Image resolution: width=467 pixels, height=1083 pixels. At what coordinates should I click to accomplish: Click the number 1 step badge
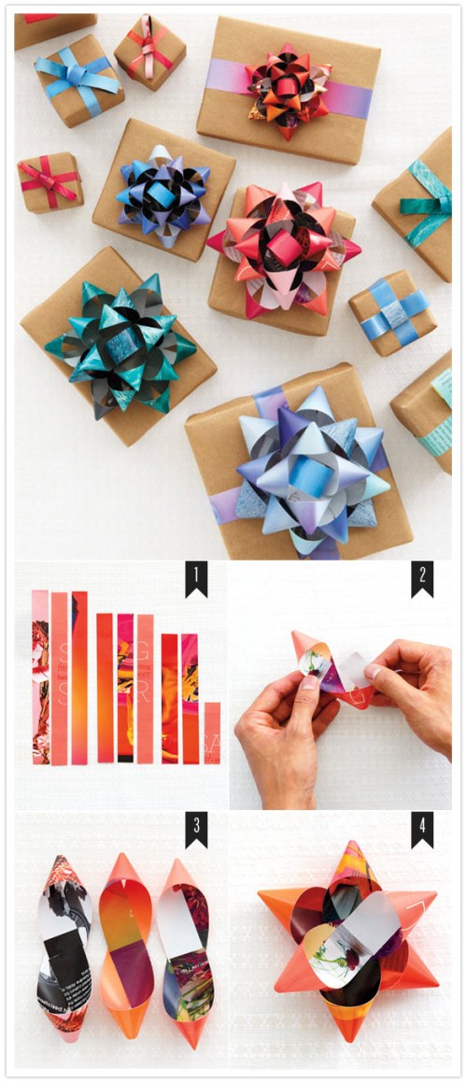[195, 579]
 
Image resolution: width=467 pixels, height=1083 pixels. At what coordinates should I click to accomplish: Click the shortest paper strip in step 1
[212, 733]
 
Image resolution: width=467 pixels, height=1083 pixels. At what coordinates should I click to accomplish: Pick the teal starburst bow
[120, 346]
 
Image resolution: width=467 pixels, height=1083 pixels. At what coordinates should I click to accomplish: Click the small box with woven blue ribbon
[392, 313]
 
